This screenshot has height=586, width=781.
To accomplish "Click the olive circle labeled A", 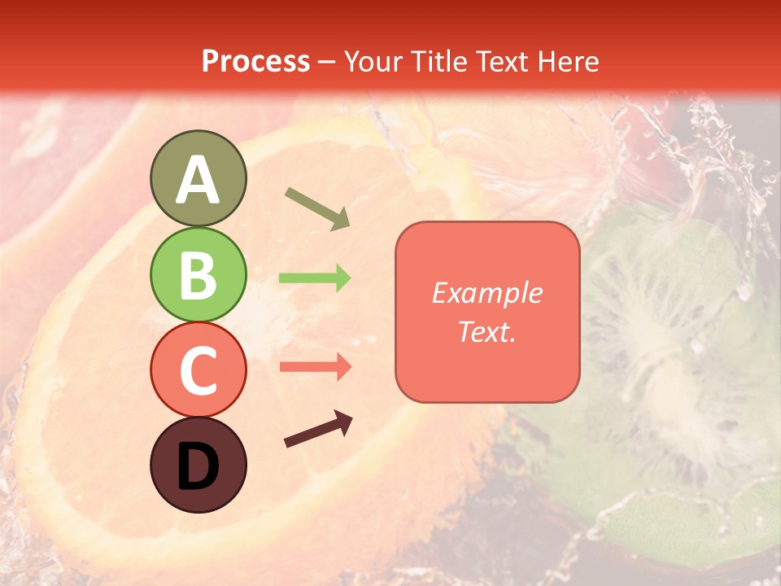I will [x=198, y=178].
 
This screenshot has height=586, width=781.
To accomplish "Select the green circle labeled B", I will [x=198, y=274].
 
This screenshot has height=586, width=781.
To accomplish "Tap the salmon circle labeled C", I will [x=198, y=370].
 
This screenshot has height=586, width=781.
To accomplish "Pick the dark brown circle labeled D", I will [x=198, y=465].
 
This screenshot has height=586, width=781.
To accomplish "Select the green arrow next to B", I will [x=315, y=278].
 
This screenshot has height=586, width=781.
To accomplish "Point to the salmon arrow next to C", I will [x=315, y=367].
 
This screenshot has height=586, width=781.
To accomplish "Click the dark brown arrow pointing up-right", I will [x=318, y=430].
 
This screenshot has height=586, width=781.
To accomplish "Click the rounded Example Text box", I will [x=487, y=312].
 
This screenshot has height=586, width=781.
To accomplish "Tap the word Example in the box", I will [x=487, y=293].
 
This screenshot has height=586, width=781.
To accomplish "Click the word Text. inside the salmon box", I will [x=487, y=331].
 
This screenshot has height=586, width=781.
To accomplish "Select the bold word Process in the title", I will [x=255, y=61].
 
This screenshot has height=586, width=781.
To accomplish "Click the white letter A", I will [x=198, y=180].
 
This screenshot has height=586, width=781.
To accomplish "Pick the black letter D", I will [x=198, y=466].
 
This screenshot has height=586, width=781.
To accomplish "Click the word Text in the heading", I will [x=500, y=61].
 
